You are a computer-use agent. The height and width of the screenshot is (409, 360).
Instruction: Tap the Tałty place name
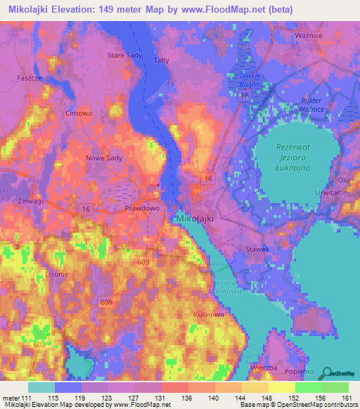pos(161,60)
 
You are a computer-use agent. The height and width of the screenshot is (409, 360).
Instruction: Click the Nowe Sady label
pos(104,158)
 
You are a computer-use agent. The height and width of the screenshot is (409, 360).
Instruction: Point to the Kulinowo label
pos(208,316)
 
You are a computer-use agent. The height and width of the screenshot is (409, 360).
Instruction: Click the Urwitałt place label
pos(328,192)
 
